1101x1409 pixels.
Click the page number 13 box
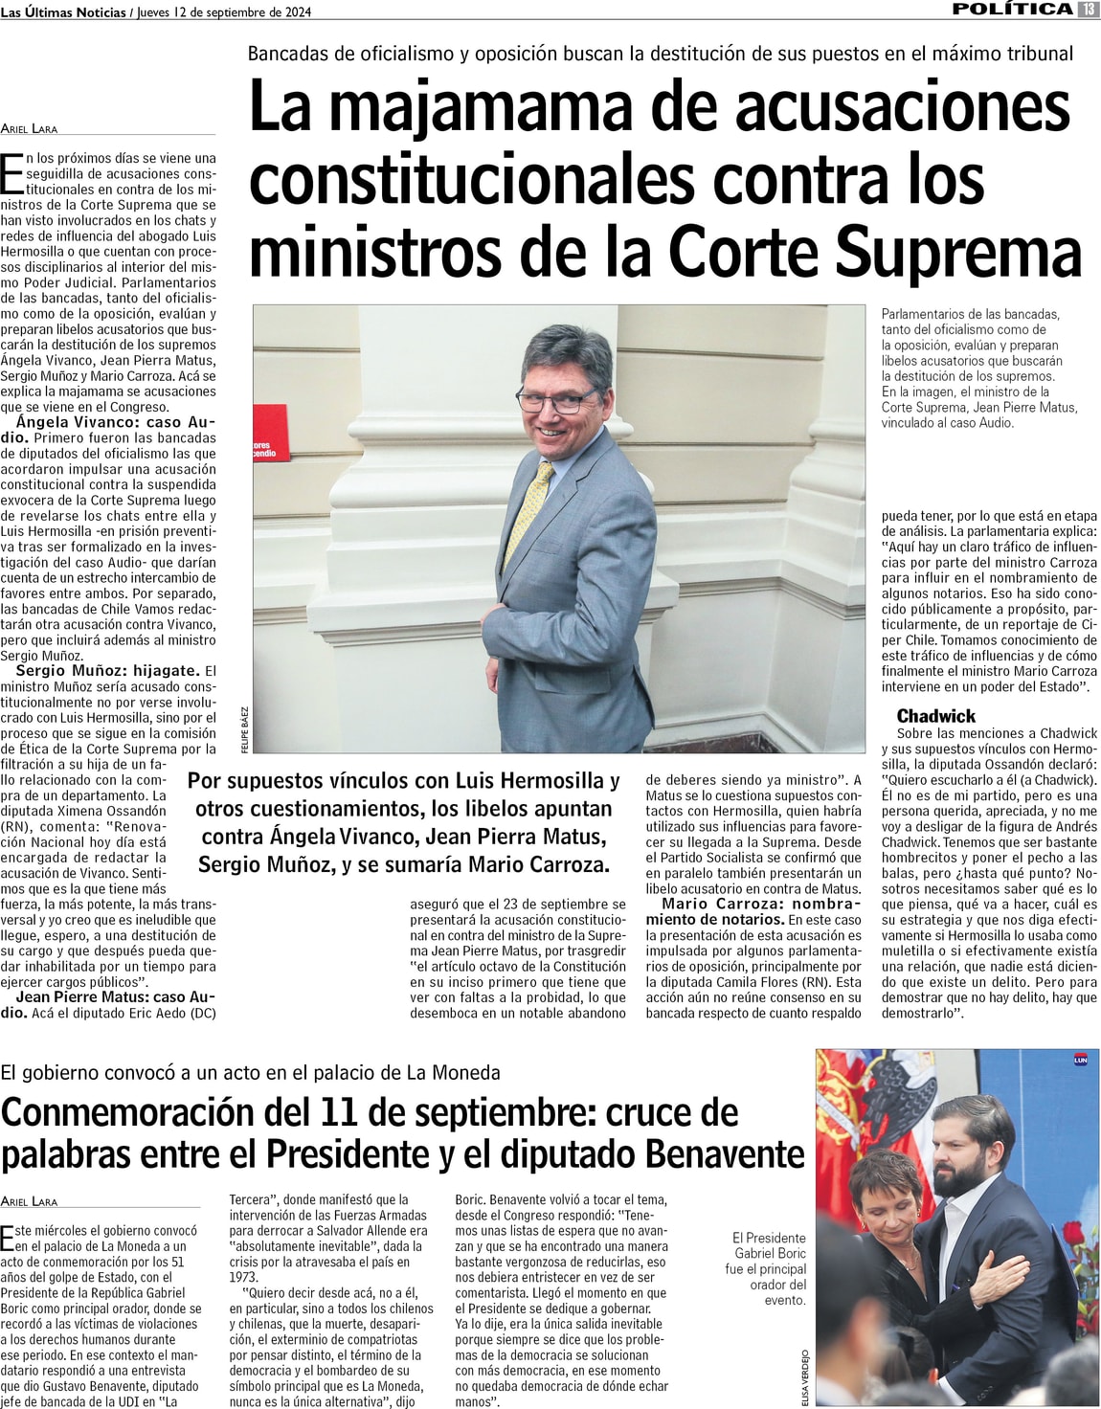tap(1089, 10)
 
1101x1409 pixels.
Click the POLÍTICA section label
tap(1012, 10)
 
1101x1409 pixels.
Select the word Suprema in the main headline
tap(958, 252)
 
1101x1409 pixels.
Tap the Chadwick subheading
tap(935, 716)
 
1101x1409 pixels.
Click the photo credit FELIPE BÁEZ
tap(244, 729)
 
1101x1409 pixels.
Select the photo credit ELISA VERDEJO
tap(806, 1377)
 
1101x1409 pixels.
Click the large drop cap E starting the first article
tap(12, 174)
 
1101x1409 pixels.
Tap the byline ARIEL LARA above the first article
tap(29, 128)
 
